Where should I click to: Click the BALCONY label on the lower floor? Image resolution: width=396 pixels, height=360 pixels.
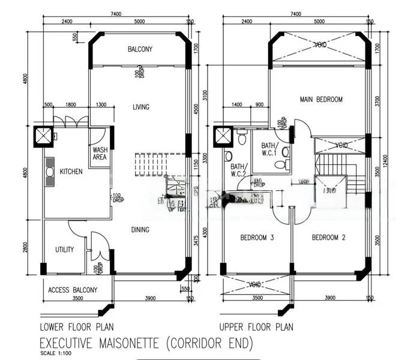[140, 49]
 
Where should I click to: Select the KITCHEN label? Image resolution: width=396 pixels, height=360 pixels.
[71, 172]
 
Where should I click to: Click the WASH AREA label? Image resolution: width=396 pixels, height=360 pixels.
[100, 154]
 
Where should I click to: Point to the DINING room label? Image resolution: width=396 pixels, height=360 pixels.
[140, 229]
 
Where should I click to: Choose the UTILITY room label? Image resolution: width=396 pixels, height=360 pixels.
[64, 249]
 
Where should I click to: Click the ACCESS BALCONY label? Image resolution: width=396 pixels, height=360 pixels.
[73, 290]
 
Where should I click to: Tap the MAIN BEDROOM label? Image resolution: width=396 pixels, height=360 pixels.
[320, 100]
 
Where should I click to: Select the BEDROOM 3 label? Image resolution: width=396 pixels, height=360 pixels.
[257, 238]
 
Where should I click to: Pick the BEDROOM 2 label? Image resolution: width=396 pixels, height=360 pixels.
[328, 238]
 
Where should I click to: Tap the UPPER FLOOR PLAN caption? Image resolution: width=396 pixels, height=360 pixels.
[256, 327]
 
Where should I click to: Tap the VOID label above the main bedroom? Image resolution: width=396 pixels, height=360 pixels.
[321, 45]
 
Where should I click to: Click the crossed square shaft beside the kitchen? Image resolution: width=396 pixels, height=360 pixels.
[44, 137]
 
